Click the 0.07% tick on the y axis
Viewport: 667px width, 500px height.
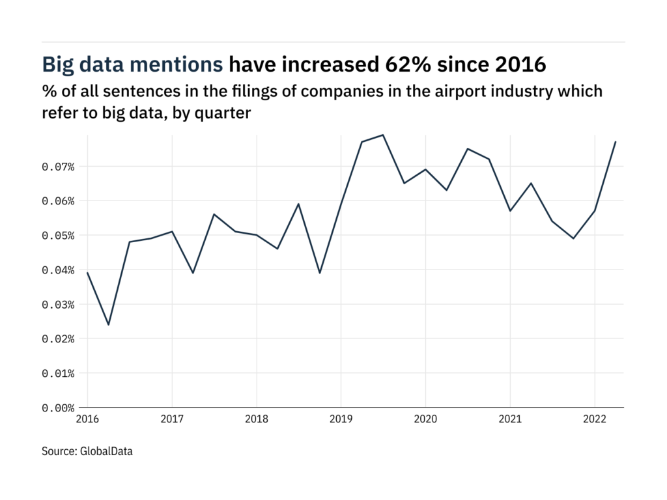58,167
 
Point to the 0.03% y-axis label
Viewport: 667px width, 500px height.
58,305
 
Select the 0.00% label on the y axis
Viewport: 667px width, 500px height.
58,408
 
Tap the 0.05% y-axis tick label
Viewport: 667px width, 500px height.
58,236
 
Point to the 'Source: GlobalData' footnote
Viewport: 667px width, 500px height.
87,451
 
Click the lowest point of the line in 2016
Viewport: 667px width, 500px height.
108,325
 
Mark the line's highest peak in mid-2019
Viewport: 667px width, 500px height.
383,135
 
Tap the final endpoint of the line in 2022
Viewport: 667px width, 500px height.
616,142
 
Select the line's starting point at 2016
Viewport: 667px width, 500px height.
87,273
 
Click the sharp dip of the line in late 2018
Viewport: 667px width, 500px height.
320,273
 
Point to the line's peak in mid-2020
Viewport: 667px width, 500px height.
468,148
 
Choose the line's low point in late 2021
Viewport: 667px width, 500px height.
573,238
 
